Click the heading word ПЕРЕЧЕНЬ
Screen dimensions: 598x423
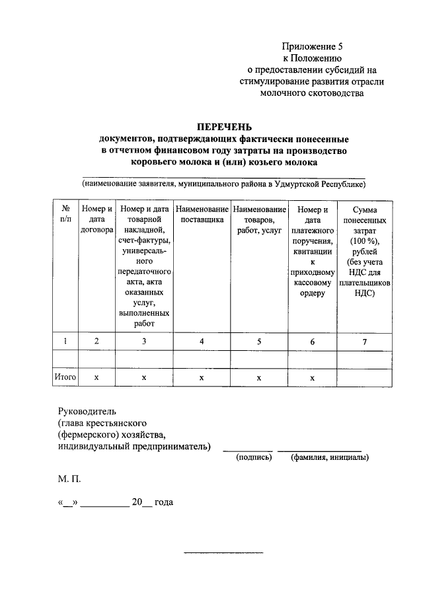tap(224, 128)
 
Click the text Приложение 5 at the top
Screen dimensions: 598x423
tap(313, 47)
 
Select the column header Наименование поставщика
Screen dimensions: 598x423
tap(202, 214)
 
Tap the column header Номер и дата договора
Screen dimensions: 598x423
tap(96, 220)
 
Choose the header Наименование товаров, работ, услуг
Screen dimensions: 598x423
tap(259, 220)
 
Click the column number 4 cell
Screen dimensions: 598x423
tap(202, 341)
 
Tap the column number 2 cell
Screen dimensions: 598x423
tap(96, 341)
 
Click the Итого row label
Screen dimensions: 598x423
tap(65, 377)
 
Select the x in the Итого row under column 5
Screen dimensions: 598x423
tap(259, 377)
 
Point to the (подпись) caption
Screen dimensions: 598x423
tap(254, 457)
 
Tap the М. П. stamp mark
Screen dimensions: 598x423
tap(69, 478)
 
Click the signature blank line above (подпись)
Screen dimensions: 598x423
tap(246, 449)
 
